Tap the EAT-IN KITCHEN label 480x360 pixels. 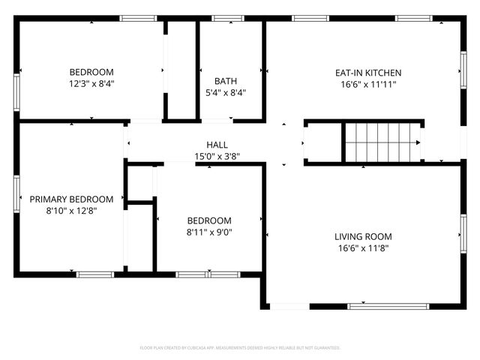tap(367, 73)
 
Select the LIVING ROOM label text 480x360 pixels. tap(361, 236)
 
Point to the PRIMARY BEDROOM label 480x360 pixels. tap(71, 199)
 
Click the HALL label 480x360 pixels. tap(217, 145)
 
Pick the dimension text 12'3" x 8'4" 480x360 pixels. tap(91, 85)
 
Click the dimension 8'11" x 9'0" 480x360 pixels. tap(209, 232)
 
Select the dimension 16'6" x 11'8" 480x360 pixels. tap(361, 247)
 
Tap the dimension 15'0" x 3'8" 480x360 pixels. tap(217, 157)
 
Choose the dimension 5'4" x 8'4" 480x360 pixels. tap(225, 93)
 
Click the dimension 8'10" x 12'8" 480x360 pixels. tap(71, 211)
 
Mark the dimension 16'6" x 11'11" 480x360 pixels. tap(367, 85)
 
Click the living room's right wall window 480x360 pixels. tap(463, 232)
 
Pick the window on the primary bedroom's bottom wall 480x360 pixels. tap(94, 274)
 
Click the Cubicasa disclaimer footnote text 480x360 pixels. tap(240, 348)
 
